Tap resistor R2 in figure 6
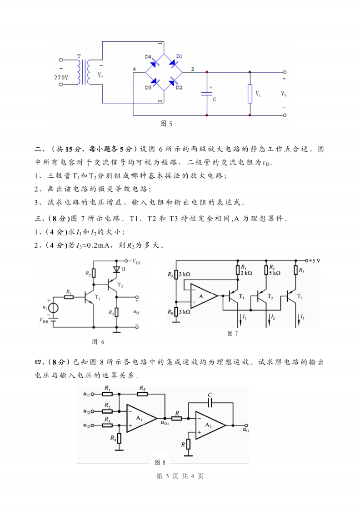(94, 273)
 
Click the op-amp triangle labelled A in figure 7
(202, 296)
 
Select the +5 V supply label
(313, 261)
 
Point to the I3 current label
(303, 316)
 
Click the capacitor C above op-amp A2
(210, 403)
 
